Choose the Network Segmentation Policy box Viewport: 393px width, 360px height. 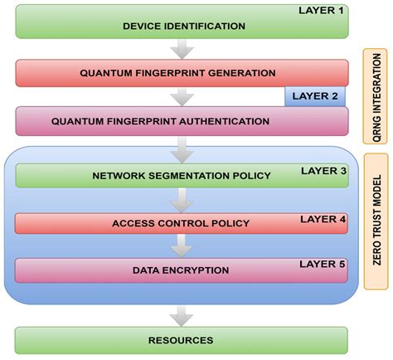pyautogui.click(x=181, y=176)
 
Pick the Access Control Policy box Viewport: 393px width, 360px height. pyautogui.click(x=181, y=223)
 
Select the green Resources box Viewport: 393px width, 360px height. pyautogui.click(x=181, y=340)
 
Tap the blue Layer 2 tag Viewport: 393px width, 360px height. pyautogui.click(x=316, y=95)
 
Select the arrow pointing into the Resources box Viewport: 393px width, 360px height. pyautogui.click(x=180, y=315)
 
